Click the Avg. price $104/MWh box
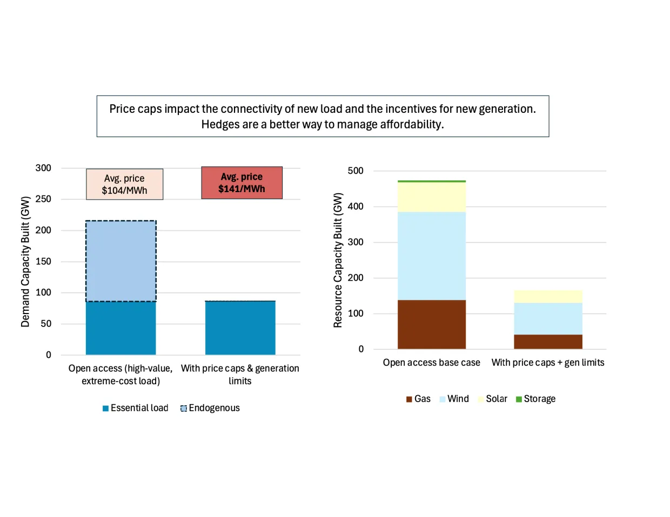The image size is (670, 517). point(124,184)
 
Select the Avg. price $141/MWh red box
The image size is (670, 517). point(242,182)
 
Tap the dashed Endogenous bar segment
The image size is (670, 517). point(121,261)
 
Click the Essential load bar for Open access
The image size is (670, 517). point(121,328)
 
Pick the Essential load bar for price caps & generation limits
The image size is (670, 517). point(240,328)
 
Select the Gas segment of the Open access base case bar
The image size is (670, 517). point(431,324)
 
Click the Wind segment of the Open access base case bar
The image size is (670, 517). point(431,255)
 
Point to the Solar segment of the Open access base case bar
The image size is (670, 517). point(431,197)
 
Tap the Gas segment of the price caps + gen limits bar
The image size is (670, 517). point(548,342)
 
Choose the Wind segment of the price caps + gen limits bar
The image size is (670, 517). point(548,318)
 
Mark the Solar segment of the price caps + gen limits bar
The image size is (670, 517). point(548,296)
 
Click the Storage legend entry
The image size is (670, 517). point(535,399)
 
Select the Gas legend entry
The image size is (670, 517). point(418,399)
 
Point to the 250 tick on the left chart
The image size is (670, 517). point(43,199)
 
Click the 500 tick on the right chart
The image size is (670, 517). point(356,171)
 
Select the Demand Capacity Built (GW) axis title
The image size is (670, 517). point(25,261)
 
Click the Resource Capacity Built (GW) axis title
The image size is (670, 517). point(338,260)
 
